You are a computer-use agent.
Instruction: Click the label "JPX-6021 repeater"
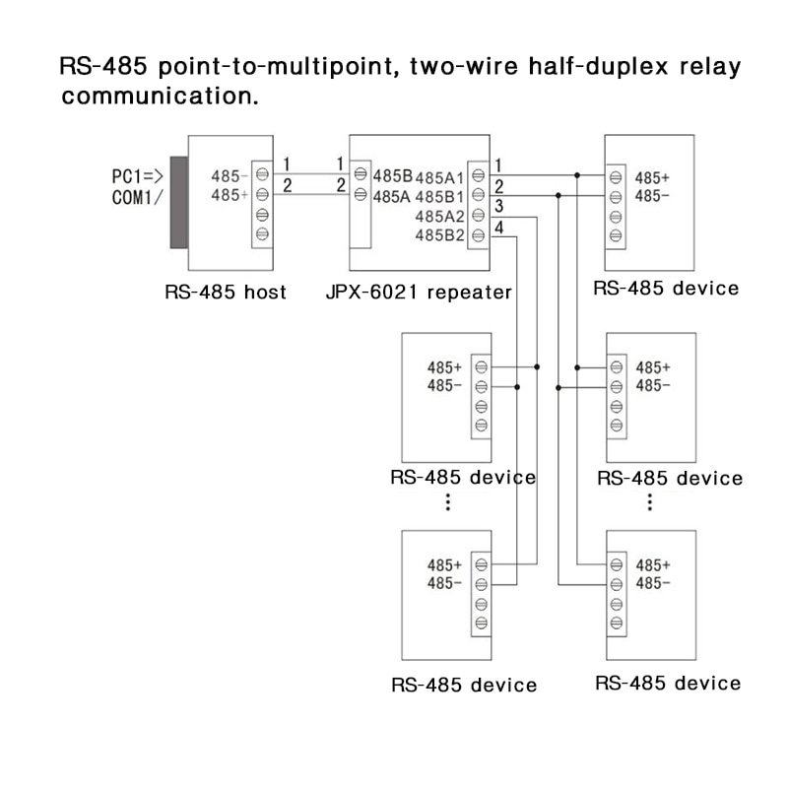click(419, 293)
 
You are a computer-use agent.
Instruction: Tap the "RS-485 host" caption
click(226, 293)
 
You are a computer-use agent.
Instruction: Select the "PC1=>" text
click(137, 177)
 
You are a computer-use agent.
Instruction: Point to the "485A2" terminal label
click(439, 216)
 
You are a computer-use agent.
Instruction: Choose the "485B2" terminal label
click(439, 234)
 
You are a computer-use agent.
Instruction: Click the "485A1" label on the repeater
click(439, 178)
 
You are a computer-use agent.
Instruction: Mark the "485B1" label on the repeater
click(439, 197)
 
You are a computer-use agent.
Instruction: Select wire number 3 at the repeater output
click(499, 206)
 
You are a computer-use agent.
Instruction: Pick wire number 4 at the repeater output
click(499, 227)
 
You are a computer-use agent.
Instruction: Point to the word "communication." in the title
click(160, 98)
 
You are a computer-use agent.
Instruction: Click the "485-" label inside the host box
click(230, 177)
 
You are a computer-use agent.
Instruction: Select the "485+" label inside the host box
click(230, 196)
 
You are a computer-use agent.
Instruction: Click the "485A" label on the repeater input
click(391, 196)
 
